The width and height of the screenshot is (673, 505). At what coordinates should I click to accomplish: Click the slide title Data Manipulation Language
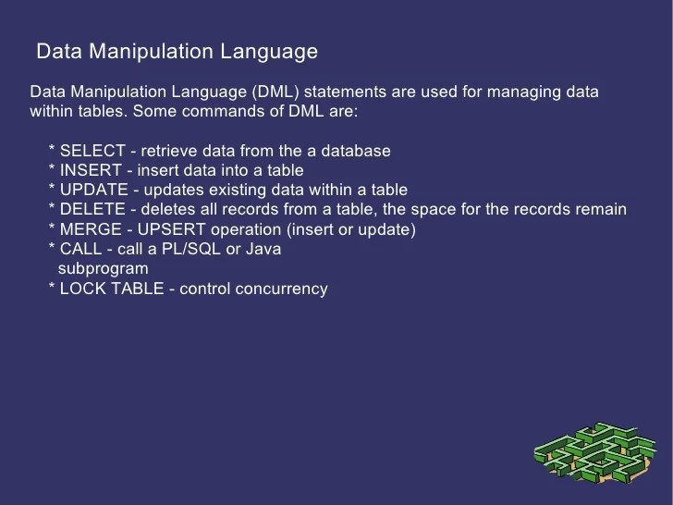(176, 52)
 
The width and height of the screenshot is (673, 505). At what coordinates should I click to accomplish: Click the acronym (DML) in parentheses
(275, 92)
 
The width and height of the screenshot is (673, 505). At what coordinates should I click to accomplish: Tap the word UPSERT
(169, 228)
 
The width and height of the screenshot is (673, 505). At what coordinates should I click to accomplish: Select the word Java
(264, 249)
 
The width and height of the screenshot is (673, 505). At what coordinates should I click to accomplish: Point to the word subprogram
(103, 268)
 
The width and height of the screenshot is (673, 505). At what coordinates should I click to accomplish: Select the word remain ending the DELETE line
(601, 209)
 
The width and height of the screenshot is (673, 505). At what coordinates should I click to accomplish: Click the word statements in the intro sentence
(340, 92)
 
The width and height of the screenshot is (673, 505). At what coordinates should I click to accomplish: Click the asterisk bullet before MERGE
(52, 228)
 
